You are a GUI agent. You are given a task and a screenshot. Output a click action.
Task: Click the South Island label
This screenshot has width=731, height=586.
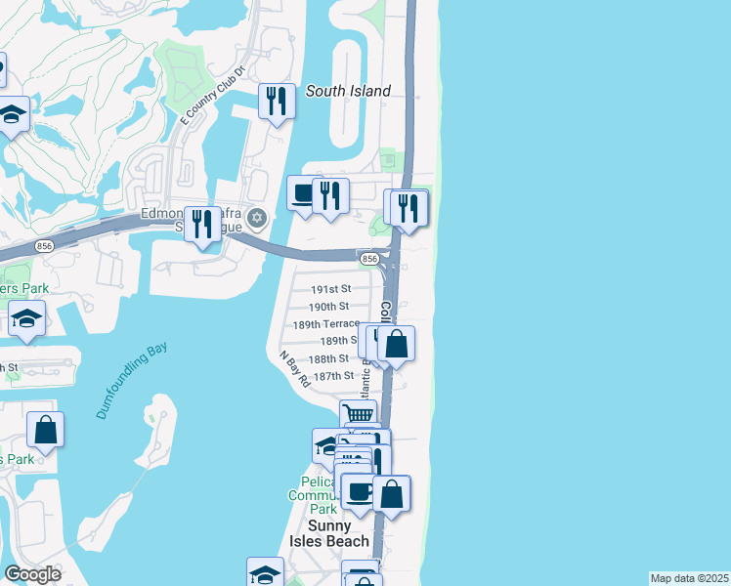(x=348, y=91)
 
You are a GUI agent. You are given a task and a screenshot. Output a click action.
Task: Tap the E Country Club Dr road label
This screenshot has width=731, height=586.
(x=212, y=96)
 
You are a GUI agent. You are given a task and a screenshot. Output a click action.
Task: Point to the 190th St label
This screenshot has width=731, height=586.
(x=328, y=307)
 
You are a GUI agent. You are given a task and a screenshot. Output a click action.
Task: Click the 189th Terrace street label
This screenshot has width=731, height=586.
(x=326, y=324)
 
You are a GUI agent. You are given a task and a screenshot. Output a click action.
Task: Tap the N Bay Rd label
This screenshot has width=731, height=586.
(x=294, y=370)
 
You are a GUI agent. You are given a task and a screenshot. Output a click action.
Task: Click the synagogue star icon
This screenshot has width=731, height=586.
(x=257, y=217)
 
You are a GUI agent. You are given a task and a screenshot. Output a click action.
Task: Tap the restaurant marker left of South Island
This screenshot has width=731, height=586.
(x=277, y=102)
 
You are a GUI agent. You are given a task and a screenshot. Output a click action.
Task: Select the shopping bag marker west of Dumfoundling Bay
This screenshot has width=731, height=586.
(x=45, y=429)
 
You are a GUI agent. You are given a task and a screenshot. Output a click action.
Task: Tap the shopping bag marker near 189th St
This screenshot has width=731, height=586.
(x=397, y=344)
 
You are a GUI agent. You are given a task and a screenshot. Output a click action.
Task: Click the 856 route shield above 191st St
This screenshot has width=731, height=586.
(x=368, y=259)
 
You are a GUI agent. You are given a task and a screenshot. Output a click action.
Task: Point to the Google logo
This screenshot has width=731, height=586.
(x=33, y=574)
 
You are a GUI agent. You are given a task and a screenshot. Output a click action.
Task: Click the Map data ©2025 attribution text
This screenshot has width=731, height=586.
(x=689, y=578)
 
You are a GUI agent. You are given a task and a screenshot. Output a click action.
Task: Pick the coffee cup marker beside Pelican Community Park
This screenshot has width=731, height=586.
(x=359, y=492)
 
